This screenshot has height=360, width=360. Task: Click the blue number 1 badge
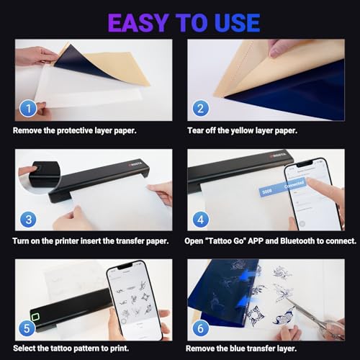[27, 109]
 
